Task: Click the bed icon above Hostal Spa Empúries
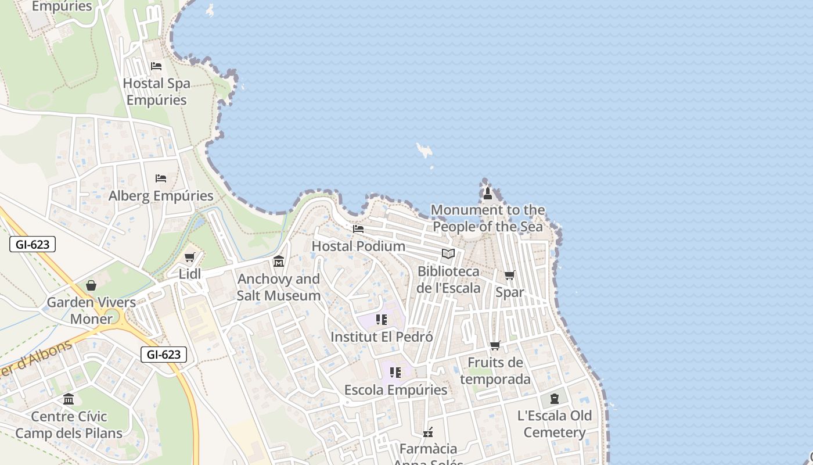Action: pyautogui.click(x=156, y=66)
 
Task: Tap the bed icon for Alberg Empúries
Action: pyautogui.click(x=161, y=178)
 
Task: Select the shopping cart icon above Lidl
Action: pyautogui.click(x=189, y=257)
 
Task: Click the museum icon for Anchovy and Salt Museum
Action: pyautogui.click(x=279, y=262)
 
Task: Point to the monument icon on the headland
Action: pyautogui.click(x=488, y=192)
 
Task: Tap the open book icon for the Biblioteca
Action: pyautogui.click(x=448, y=254)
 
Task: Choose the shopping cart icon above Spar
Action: pyautogui.click(x=509, y=275)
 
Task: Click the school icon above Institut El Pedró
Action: pyautogui.click(x=382, y=319)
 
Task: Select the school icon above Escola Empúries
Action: pyautogui.click(x=395, y=372)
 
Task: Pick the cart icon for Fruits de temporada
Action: pyautogui.click(x=495, y=345)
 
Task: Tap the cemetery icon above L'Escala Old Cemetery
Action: pyautogui.click(x=555, y=399)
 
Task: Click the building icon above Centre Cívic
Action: pyautogui.click(x=69, y=399)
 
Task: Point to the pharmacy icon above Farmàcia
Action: pyautogui.click(x=429, y=432)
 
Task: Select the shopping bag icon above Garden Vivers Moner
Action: pyautogui.click(x=91, y=285)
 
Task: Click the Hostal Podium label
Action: pyautogui.click(x=358, y=246)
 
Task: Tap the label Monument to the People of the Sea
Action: pyautogui.click(x=488, y=218)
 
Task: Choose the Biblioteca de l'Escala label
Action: pyautogui.click(x=449, y=280)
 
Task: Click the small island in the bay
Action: pyautogui.click(x=425, y=151)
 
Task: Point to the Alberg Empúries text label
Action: pyautogui.click(x=161, y=196)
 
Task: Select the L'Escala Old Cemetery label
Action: pyautogui.click(x=555, y=424)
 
